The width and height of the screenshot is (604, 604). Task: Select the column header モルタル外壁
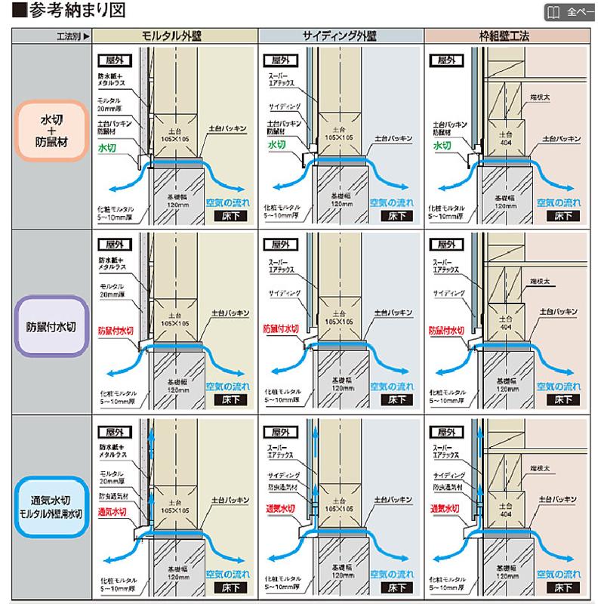pyautogui.click(x=173, y=35)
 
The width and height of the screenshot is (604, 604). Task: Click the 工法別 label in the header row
pyautogui.click(x=72, y=35)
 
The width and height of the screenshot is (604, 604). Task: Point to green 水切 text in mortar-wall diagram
pyautogui.click(x=107, y=149)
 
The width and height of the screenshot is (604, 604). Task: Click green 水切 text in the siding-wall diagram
pyautogui.click(x=275, y=144)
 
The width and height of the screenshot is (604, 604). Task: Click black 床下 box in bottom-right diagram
pyautogui.click(x=562, y=586)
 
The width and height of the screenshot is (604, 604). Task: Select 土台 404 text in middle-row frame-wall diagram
pyautogui.click(x=504, y=322)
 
